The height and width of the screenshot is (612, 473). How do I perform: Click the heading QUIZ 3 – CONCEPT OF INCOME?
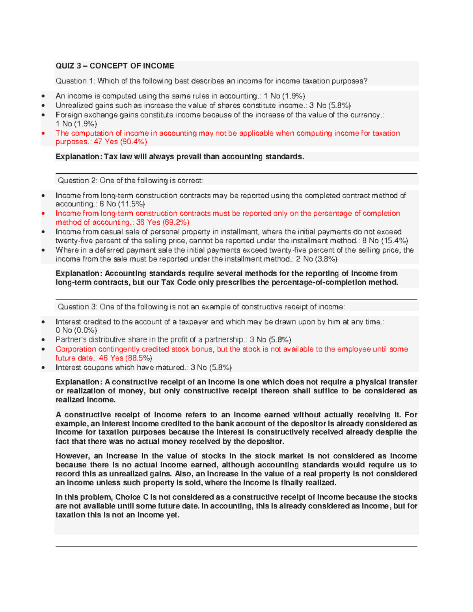tap(115, 66)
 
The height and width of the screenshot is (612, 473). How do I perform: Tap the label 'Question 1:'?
tap(75, 81)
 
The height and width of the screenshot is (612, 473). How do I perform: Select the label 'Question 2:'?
tap(78, 181)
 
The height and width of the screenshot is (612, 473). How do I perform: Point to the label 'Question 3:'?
tap(78, 307)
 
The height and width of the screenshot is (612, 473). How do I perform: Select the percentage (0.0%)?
tap(84, 331)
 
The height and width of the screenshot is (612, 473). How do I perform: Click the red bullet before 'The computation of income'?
tap(43, 134)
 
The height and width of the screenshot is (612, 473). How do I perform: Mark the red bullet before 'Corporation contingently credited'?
tap(43, 350)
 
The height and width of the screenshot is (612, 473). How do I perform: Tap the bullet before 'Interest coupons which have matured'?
tap(43, 368)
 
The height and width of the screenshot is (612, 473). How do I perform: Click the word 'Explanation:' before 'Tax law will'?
tap(78, 157)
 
